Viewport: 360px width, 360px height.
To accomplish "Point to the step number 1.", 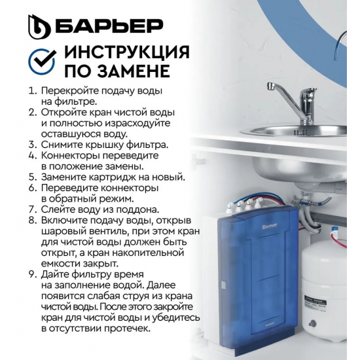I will click(32, 92).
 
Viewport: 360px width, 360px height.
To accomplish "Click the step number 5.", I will click(32, 177).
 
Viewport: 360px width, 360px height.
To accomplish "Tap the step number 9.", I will click(32, 270).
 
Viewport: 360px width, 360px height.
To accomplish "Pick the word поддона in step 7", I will click(137, 209).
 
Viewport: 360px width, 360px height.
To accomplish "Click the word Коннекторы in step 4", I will click(70, 156).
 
